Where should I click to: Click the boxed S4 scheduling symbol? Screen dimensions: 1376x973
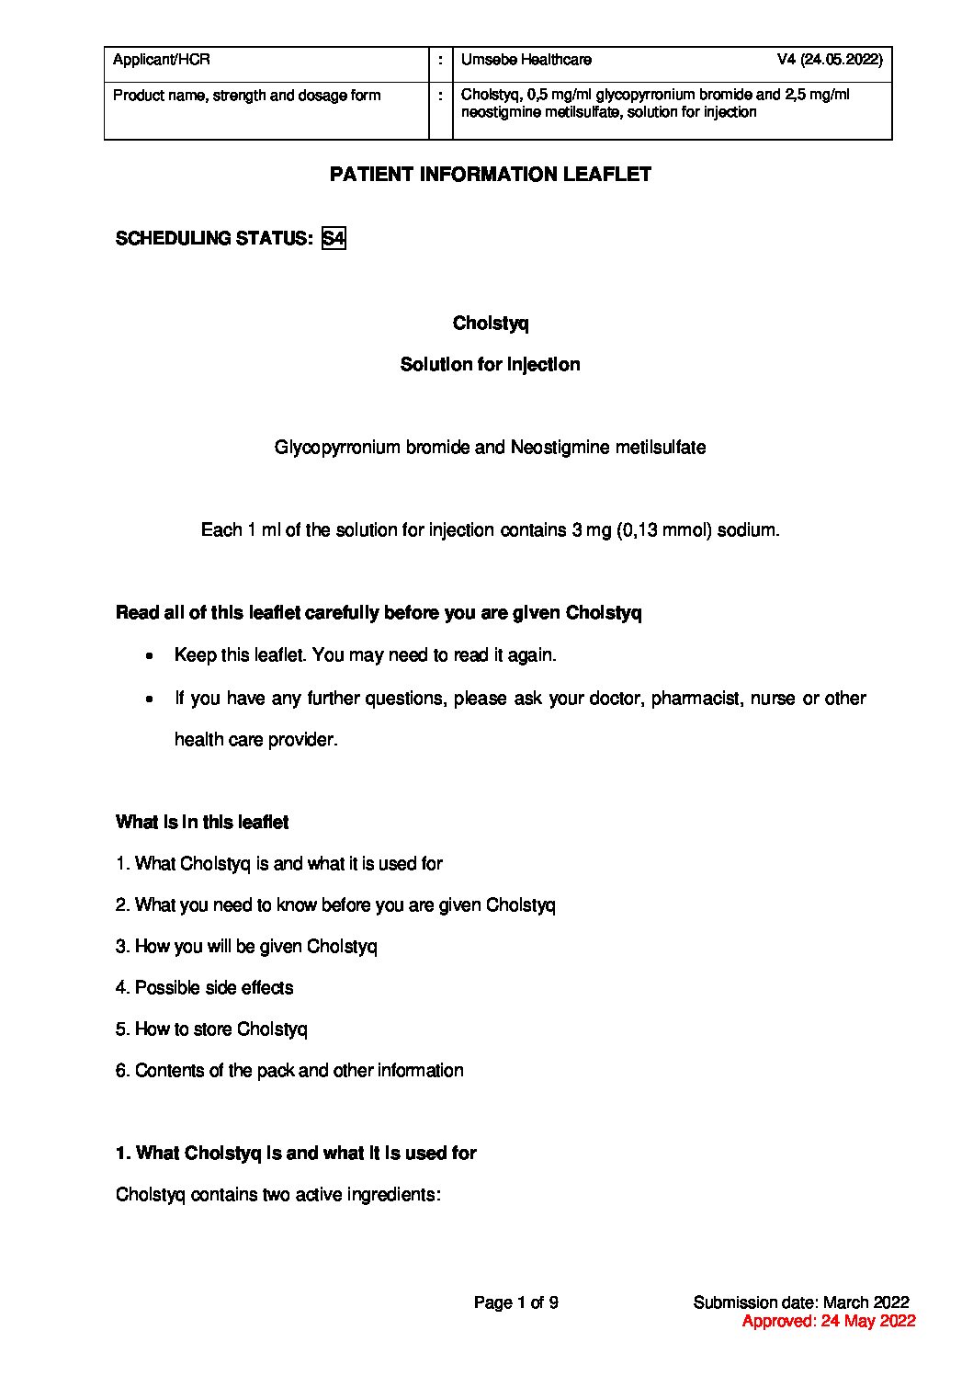point(334,239)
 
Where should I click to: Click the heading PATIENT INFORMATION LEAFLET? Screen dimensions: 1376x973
point(491,175)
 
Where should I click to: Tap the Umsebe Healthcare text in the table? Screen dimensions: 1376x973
point(526,61)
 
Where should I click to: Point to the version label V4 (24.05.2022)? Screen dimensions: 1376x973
point(829,61)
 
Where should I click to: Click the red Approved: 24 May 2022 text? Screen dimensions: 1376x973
point(829,1322)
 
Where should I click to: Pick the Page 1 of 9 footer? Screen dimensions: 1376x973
point(515,1302)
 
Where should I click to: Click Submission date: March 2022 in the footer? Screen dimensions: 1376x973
point(801,1302)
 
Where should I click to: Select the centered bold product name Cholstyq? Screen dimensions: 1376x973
point(491,324)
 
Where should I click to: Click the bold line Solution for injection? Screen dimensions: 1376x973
point(491,365)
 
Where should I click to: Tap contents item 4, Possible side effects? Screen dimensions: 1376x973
point(205,988)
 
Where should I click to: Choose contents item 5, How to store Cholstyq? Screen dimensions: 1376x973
point(212,1029)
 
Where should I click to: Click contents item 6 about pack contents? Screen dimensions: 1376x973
point(290,1071)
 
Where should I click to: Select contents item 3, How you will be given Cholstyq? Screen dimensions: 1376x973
point(247,947)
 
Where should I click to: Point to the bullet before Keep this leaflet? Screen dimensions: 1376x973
point(149,656)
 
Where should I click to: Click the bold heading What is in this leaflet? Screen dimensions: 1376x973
point(202,823)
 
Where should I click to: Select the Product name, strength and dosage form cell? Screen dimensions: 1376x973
point(246,96)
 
